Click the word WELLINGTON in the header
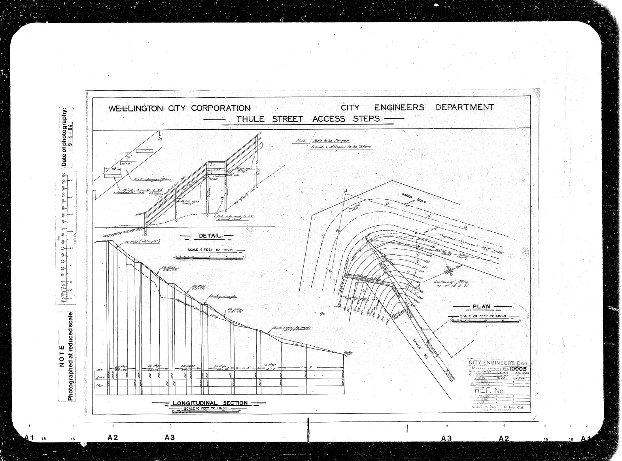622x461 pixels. point(135,108)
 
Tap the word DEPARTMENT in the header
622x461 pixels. point(465,107)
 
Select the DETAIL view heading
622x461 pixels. point(210,236)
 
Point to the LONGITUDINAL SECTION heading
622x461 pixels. point(210,403)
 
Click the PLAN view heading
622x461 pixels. point(481,306)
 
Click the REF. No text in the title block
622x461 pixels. point(489,391)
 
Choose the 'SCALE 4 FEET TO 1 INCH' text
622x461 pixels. point(210,250)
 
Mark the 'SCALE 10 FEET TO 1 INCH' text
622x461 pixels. point(202,408)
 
